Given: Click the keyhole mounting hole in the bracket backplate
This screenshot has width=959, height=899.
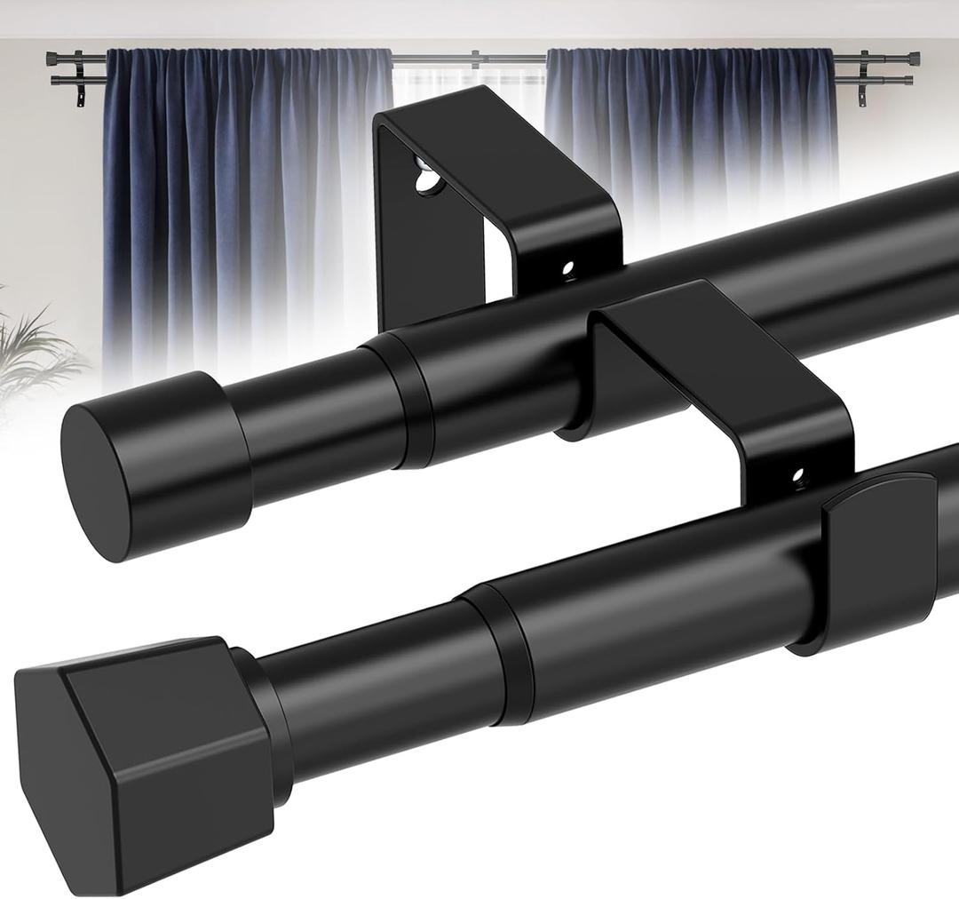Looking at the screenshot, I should coord(427,177).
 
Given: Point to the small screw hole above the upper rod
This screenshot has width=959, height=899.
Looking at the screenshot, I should coord(567,266).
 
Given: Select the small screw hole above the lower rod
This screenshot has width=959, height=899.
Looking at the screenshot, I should coord(797,477).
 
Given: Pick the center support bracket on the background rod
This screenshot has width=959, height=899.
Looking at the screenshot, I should coord(475,60).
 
